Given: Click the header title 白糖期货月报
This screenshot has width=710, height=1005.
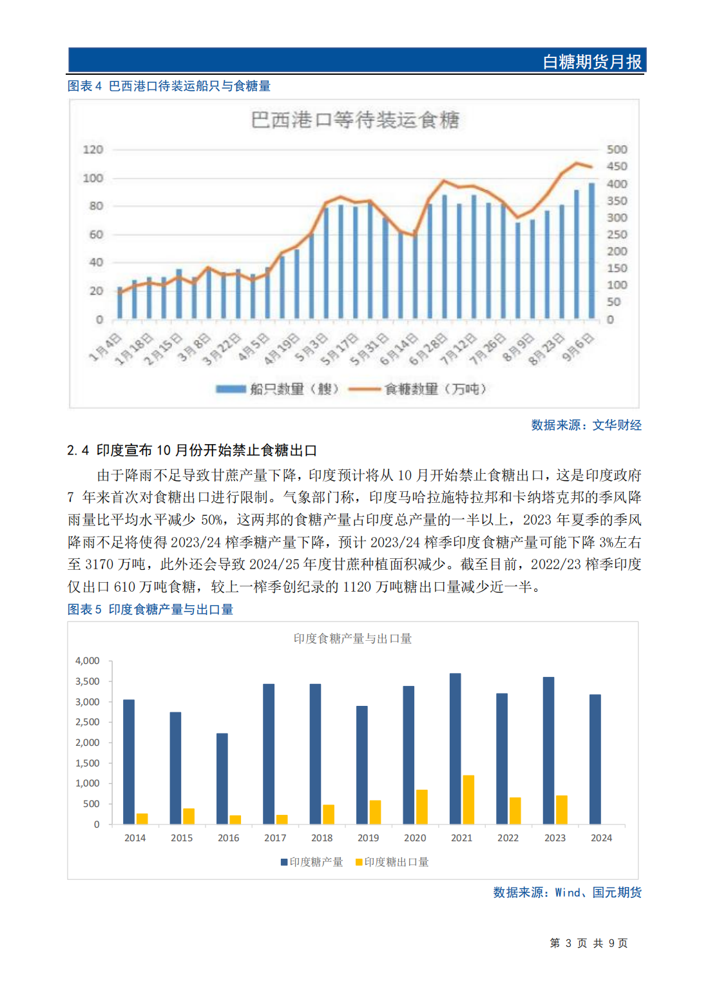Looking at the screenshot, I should (591, 62).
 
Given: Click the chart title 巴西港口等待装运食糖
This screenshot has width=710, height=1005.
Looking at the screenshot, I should (354, 120).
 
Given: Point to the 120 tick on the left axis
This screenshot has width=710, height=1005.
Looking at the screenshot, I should (93, 150).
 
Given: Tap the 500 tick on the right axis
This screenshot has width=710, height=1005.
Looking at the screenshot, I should (617, 150).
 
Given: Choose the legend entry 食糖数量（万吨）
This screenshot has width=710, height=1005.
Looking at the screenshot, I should (435, 389).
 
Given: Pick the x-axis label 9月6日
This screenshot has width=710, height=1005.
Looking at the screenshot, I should (578, 348).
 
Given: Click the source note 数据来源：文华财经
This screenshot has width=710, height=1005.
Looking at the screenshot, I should (586, 425).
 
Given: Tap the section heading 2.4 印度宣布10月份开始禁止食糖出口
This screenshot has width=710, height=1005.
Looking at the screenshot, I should (192, 450).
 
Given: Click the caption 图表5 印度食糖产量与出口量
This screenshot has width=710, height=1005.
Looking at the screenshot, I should (150, 609).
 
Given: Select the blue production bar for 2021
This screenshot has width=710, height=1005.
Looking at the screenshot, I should (455, 748).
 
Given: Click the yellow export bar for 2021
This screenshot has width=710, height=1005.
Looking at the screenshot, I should (468, 799).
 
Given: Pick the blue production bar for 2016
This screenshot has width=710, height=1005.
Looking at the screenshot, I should (222, 778).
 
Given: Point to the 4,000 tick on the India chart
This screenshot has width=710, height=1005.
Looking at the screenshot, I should (88, 661).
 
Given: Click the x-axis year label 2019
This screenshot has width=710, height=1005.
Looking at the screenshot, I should (368, 838).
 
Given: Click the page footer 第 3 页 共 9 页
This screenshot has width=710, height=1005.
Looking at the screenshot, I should (588, 943).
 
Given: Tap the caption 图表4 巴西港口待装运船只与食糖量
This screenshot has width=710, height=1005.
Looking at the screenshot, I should (169, 86).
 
